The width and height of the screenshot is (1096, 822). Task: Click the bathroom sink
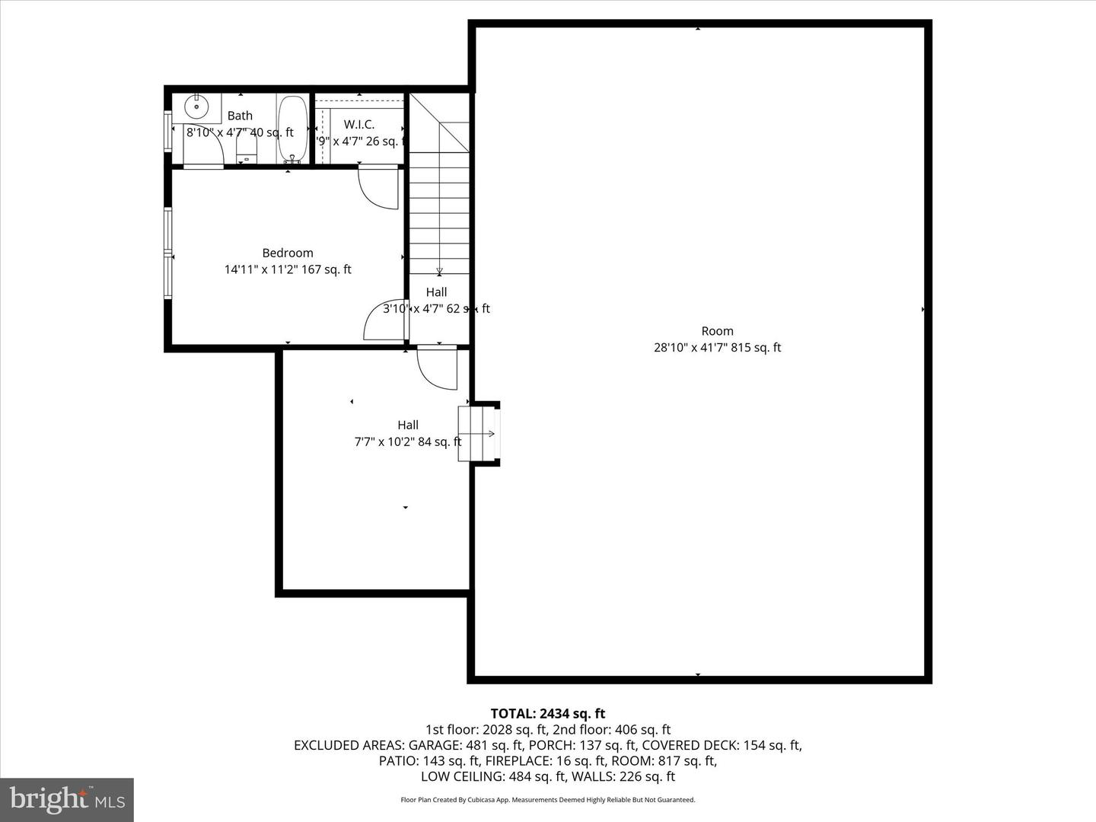(x=196, y=107)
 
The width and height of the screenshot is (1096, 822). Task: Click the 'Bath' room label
(x=240, y=116)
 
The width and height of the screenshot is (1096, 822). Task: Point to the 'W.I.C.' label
(x=358, y=124)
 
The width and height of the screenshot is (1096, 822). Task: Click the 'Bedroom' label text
(x=288, y=253)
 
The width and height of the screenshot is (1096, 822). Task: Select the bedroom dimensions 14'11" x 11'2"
(x=288, y=269)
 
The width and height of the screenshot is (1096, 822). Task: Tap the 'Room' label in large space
(x=717, y=331)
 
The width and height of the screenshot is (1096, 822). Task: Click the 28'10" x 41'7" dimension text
(x=717, y=348)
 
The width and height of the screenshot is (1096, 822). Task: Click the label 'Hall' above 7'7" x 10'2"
(x=408, y=425)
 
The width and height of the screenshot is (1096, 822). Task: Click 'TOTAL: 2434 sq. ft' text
(x=547, y=713)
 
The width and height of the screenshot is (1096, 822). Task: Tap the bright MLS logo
(x=67, y=799)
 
